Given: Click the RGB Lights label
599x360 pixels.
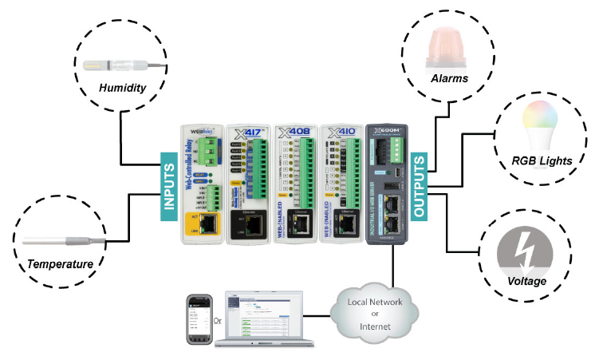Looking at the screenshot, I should point(542,160).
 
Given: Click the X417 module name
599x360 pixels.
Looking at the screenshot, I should point(249,132).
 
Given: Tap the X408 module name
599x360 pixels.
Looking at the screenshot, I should point(294,132).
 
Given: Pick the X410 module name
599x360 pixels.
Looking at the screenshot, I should point(341,132).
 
